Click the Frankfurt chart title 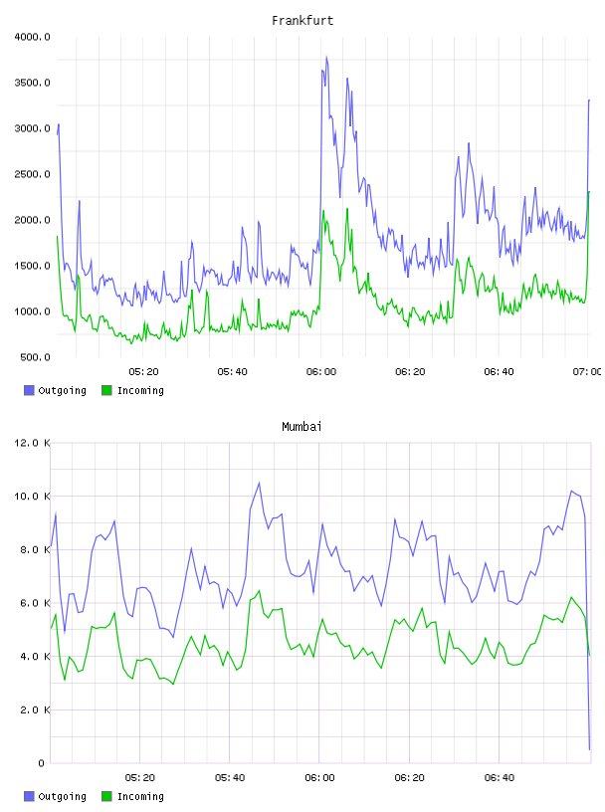(302, 21)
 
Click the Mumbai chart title (302, 427)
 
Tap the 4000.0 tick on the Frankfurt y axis (32, 37)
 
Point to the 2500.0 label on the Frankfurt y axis (32, 174)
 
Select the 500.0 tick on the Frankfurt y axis (35, 357)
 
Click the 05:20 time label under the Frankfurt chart (143, 372)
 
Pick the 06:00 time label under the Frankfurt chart (321, 372)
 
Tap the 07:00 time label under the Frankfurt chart (587, 372)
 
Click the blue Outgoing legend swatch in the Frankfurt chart (29, 390)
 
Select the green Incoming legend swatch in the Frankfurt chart (106, 390)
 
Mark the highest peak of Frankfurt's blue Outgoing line (326, 57)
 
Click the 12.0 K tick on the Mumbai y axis (32, 443)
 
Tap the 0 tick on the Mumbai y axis (41, 763)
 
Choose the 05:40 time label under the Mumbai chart (230, 778)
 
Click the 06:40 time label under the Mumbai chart (500, 778)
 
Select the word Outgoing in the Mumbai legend (62, 797)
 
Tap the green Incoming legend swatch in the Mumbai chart (106, 796)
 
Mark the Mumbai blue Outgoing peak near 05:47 (259, 483)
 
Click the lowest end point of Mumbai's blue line (589, 749)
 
